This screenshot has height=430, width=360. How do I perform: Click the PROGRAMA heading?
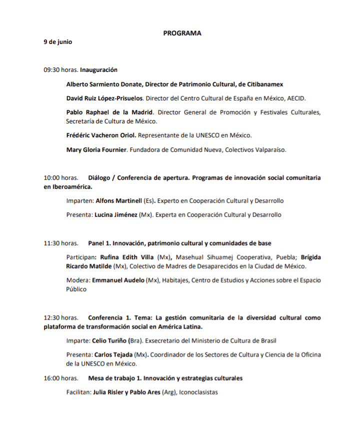[x=182, y=33]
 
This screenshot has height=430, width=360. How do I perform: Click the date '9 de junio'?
[x=58, y=42]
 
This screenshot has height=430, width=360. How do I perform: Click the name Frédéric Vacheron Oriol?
[x=101, y=135]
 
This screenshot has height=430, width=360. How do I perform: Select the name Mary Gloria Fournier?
[x=97, y=149]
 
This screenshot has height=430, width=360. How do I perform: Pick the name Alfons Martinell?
[x=118, y=201]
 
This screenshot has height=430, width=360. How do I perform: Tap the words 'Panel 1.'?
[x=99, y=243]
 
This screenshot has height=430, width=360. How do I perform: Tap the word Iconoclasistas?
[x=198, y=393]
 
